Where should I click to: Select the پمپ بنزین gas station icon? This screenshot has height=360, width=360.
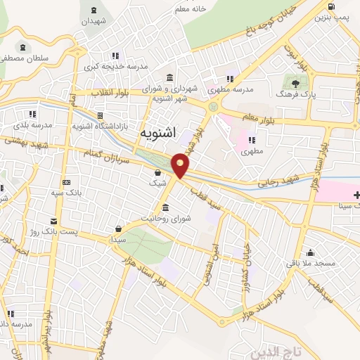[x=330, y=10]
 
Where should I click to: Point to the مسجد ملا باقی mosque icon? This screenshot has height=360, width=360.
[x=310, y=253]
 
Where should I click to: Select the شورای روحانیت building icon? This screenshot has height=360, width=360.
[x=165, y=208]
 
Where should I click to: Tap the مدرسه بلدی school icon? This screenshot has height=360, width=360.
[x=32, y=115]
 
